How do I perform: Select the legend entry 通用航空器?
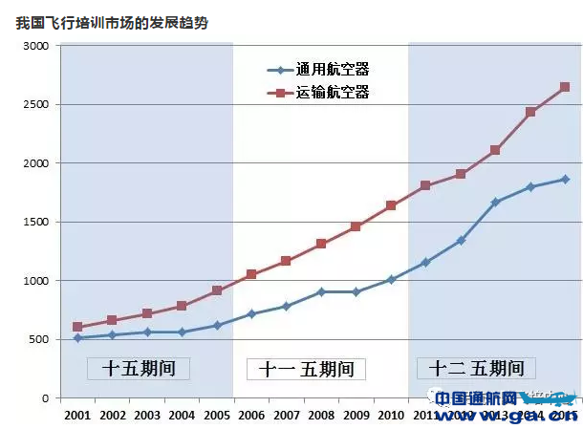(332, 70)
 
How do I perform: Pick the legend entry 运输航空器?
(332, 93)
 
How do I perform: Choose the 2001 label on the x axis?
(77, 416)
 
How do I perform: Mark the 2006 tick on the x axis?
(251, 416)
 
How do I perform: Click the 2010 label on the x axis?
(391, 416)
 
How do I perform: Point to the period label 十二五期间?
(475, 368)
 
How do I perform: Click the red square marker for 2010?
(391, 205)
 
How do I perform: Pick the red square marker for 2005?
(217, 290)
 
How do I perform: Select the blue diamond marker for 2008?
(321, 291)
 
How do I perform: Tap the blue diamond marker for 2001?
(77, 337)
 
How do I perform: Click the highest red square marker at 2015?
(565, 87)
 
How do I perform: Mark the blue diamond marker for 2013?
(495, 203)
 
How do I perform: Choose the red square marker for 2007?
(286, 261)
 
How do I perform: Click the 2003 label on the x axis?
(147, 416)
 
